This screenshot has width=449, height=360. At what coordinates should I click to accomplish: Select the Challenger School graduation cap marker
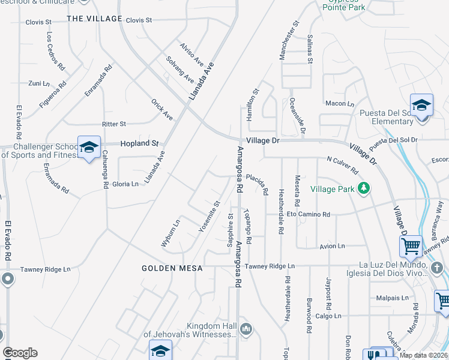[89, 147]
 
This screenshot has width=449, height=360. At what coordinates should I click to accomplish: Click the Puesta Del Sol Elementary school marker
[421, 104]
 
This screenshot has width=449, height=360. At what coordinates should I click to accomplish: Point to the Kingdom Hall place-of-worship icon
[246, 329]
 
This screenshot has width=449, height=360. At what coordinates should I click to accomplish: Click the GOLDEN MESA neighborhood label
[172, 268]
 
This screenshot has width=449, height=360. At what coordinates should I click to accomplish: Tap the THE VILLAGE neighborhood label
[94, 19]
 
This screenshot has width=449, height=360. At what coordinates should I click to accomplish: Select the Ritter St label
[114, 124]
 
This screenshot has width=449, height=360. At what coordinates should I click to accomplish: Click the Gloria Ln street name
[125, 184]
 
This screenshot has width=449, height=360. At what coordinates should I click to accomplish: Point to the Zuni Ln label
[38, 83]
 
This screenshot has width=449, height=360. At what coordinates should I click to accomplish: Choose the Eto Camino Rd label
[309, 214]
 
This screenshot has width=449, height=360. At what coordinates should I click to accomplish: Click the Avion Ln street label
[333, 246]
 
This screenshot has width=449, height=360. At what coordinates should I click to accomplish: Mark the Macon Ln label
[339, 104]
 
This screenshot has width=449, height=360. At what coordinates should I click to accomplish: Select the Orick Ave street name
[162, 109]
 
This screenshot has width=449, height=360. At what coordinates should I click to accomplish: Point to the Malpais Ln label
[393, 298]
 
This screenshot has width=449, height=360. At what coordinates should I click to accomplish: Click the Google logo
[20, 353]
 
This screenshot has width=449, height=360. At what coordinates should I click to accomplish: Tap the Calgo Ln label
[328, 316]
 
